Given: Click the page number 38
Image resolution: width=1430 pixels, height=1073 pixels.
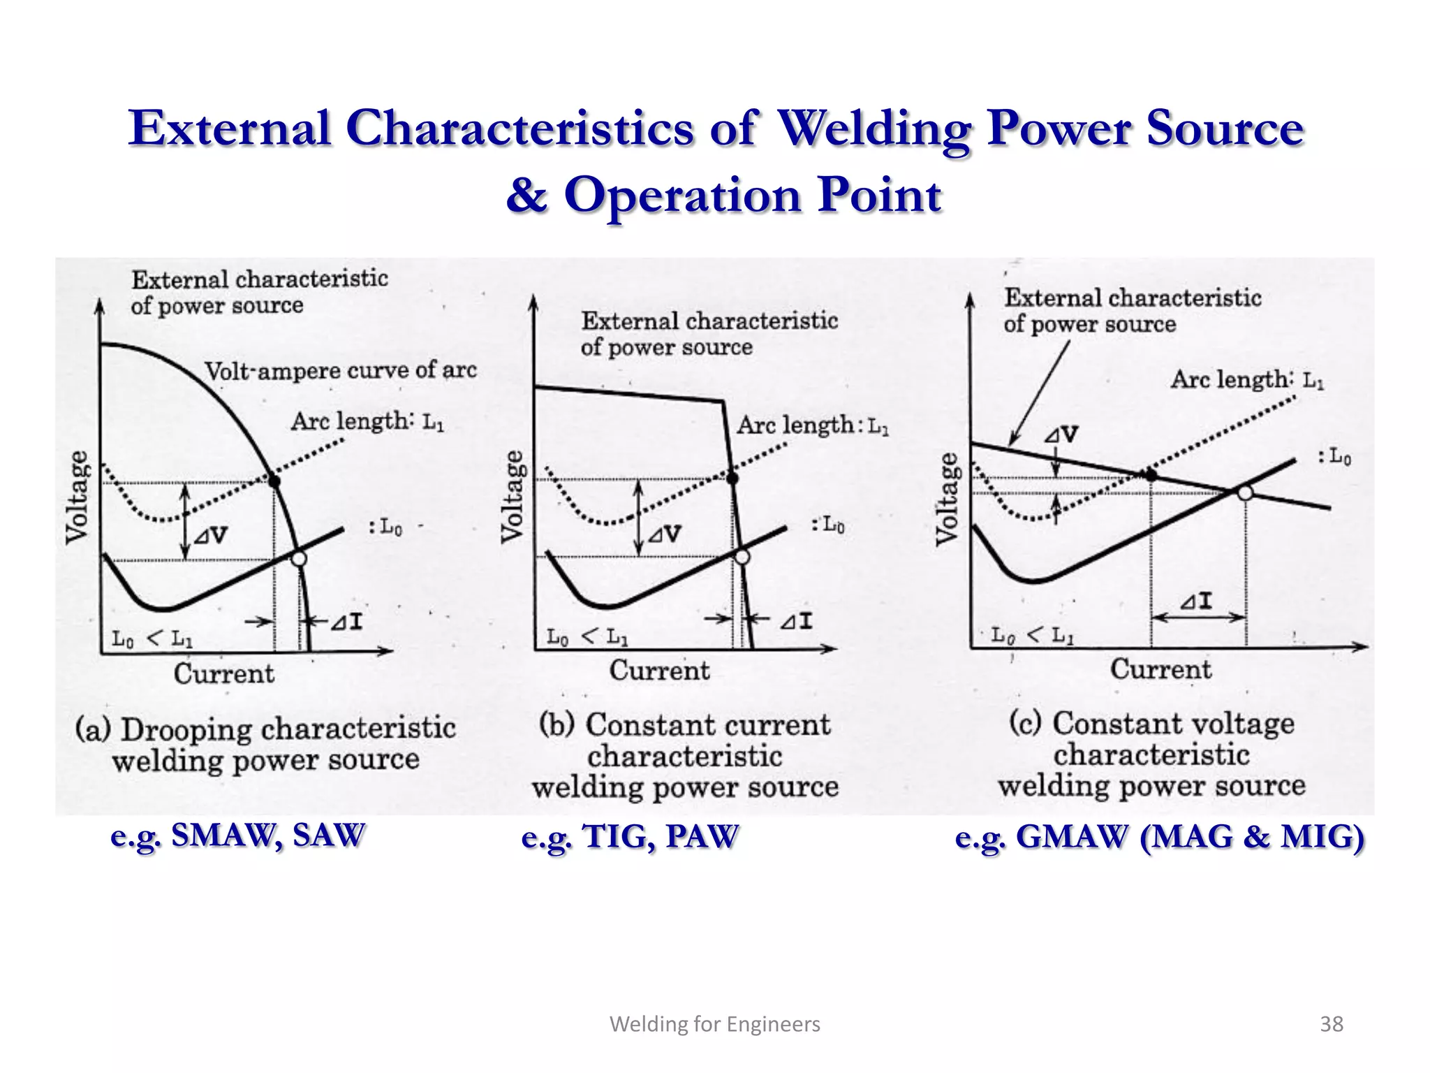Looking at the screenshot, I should tap(1332, 1024).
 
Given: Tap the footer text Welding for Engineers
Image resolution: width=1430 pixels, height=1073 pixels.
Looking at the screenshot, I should tap(715, 1024).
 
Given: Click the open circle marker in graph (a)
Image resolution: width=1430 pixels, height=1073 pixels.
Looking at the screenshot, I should tap(299, 559).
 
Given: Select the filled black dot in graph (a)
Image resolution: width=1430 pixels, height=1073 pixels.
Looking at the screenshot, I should tap(274, 481).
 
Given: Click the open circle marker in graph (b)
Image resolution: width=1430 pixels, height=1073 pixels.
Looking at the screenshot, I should tap(742, 557).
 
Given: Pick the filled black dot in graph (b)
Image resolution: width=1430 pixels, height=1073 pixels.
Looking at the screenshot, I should tap(732, 479).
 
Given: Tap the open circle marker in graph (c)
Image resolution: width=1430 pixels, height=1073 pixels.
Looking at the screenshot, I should tap(1245, 493).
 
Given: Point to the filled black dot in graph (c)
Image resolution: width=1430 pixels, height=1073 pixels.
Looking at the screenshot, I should tap(1151, 476).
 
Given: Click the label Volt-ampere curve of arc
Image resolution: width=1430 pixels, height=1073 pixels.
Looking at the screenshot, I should tap(341, 370).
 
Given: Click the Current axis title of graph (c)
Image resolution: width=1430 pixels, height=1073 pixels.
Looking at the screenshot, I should tap(1161, 669).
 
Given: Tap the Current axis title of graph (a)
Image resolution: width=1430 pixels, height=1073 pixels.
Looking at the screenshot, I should tap(224, 673).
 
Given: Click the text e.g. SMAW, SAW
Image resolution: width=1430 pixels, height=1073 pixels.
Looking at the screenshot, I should tap(238, 835).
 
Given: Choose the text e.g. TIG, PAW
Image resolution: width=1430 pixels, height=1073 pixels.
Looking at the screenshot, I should tap(630, 837).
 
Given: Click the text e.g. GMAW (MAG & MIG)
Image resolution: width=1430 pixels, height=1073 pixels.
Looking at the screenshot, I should tap(1160, 837).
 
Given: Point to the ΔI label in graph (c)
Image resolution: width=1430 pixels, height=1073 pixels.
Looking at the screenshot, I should tap(1197, 601).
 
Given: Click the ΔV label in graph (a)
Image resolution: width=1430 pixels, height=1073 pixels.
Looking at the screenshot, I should tap(211, 536).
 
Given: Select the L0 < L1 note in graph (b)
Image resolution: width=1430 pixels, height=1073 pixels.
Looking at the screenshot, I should tap(587, 637).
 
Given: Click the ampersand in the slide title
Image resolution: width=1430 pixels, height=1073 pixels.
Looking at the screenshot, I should tap(527, 195).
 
